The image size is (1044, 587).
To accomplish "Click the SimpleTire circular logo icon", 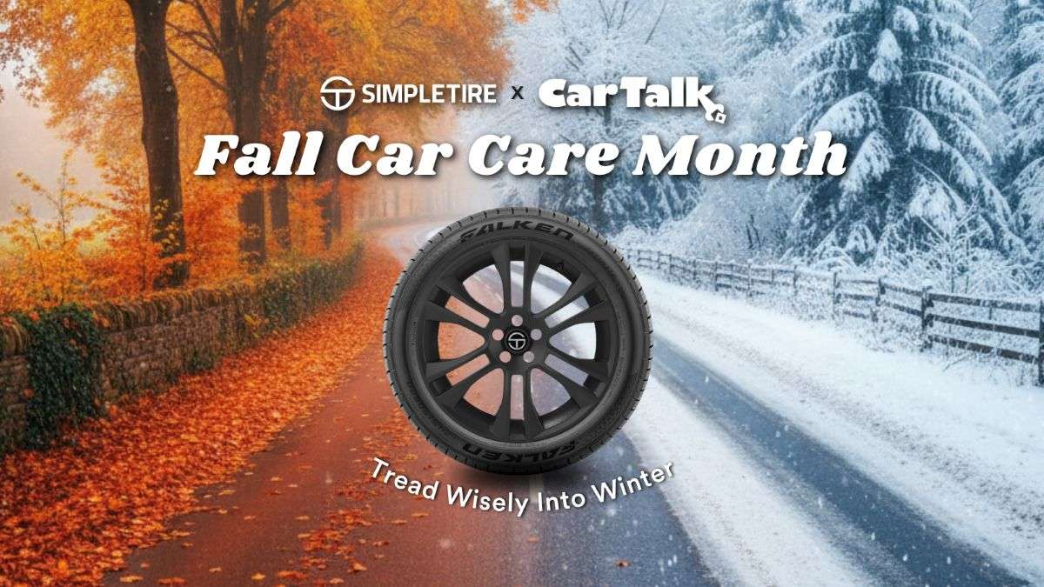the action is pos(338,94).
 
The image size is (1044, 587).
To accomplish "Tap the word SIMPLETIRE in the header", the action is pos(429,94).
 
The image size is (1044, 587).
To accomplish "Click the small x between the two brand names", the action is pos(518,94).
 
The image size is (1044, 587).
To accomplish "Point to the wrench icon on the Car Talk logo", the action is pos(716,112).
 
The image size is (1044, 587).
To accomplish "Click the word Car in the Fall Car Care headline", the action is pos(396,156).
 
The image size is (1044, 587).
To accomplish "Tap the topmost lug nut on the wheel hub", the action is pos(517,321).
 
